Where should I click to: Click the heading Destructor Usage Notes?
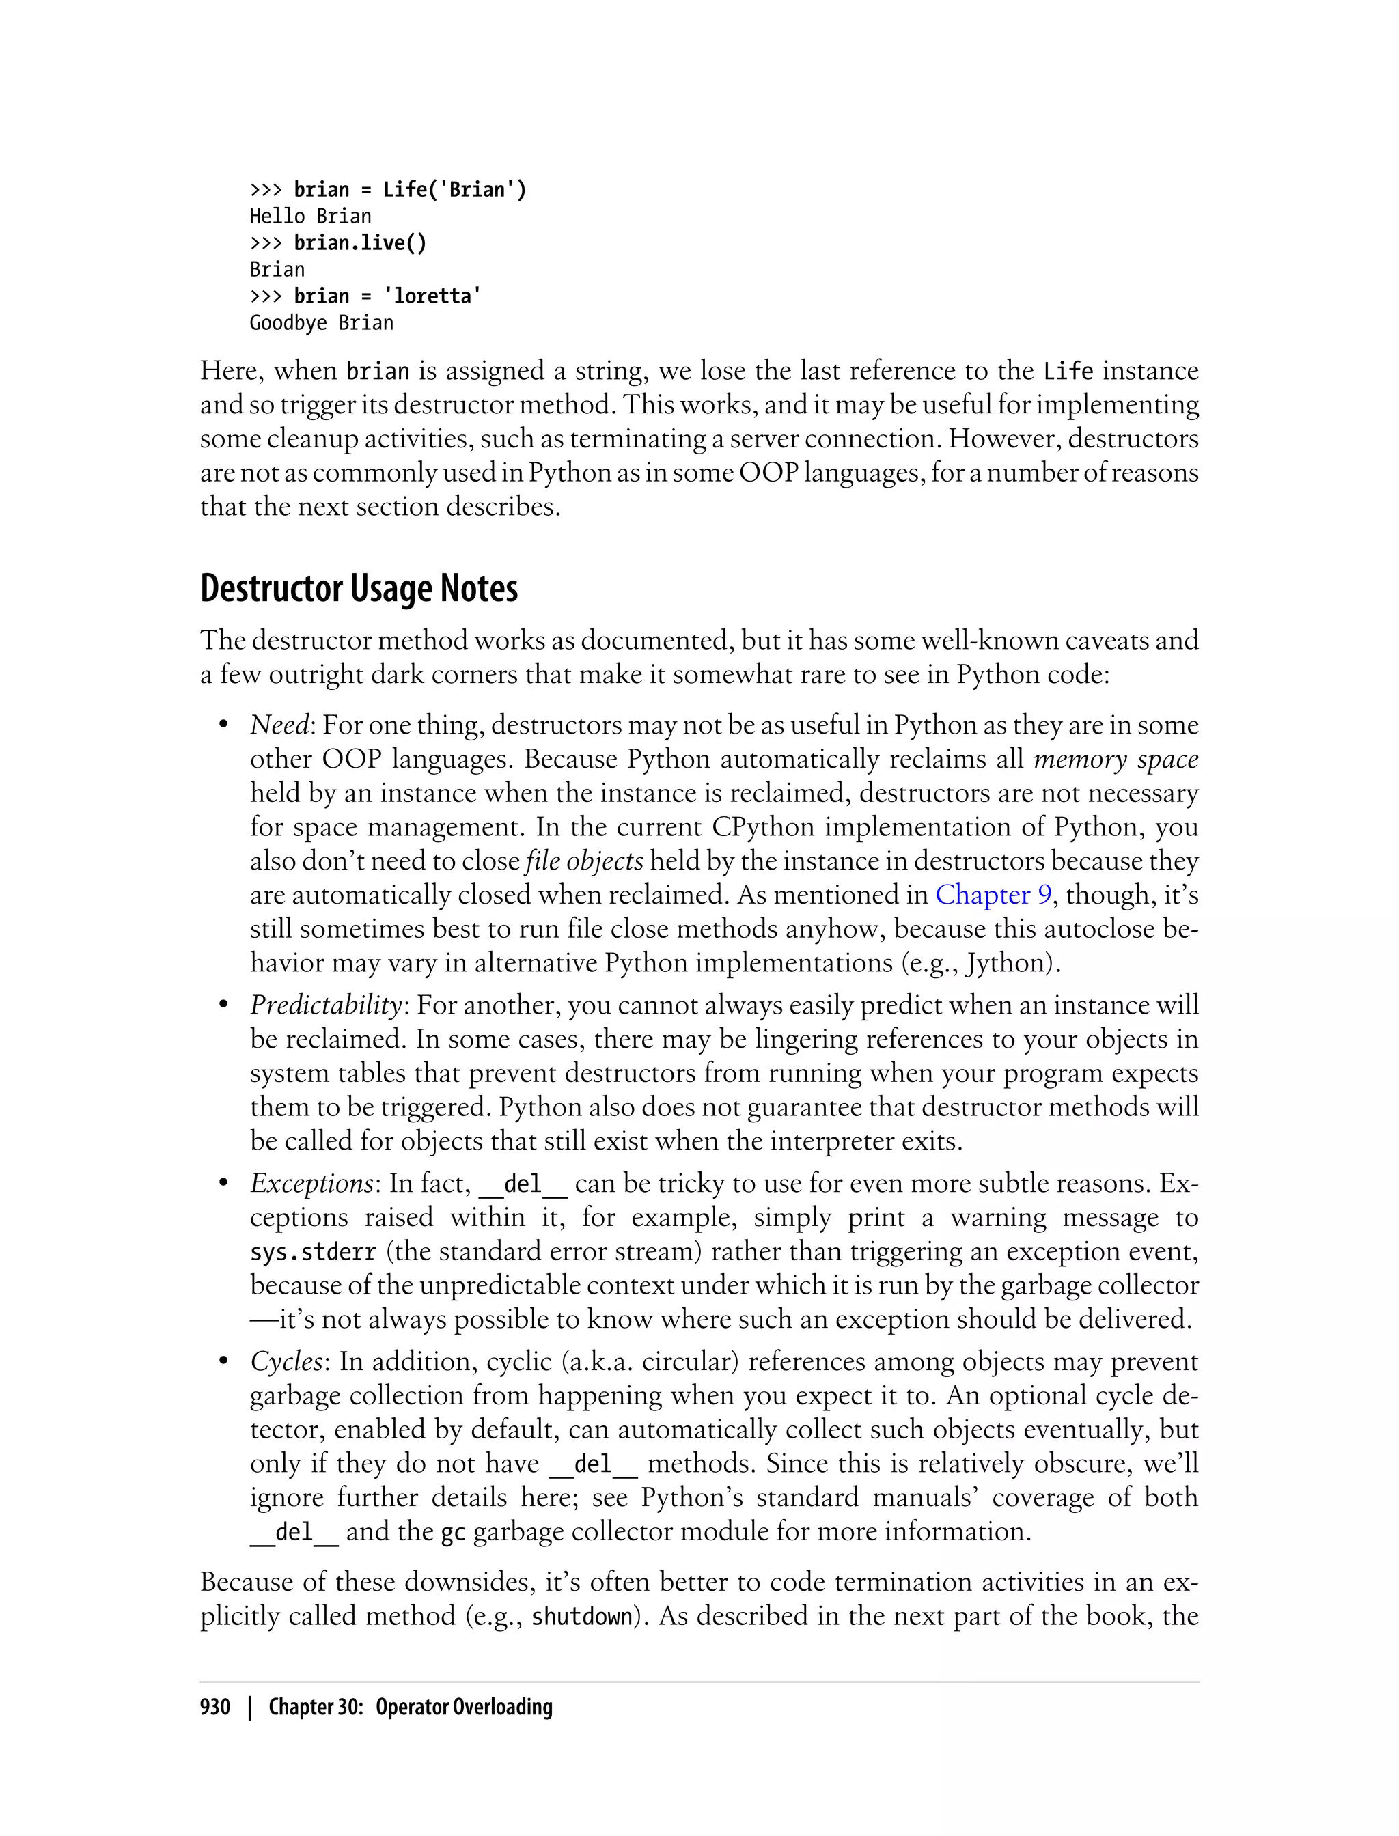[359, 589]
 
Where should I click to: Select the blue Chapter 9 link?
[993, 895]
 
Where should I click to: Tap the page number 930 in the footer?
[215, 1707]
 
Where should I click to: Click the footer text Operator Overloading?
[464, 1707]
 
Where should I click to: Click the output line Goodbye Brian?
[322, 323]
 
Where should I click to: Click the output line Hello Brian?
[311, 217]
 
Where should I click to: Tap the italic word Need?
[280, 725]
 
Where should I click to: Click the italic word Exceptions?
[311, 1183]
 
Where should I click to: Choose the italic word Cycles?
[286, 1361]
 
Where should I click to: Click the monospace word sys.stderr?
[313, 1252]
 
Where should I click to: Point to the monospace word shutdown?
[582, 1617]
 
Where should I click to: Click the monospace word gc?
[452, 1532]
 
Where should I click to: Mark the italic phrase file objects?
[585, 861]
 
